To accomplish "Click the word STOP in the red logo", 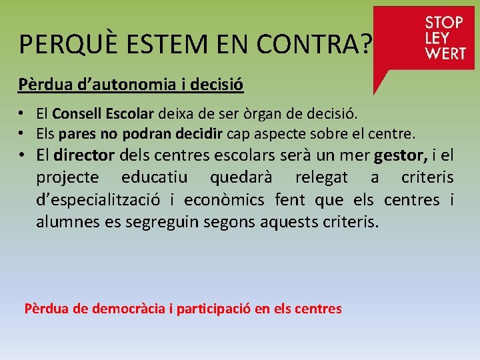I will tap(444, 22).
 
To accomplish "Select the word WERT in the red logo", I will tap(445, 53).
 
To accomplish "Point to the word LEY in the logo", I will tap(437, 38).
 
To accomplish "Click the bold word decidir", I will tap(198, 134).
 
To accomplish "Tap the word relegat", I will tap(321, 178).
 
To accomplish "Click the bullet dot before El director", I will tap(23, 156).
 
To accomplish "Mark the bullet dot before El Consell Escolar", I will tap(22, 115).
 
